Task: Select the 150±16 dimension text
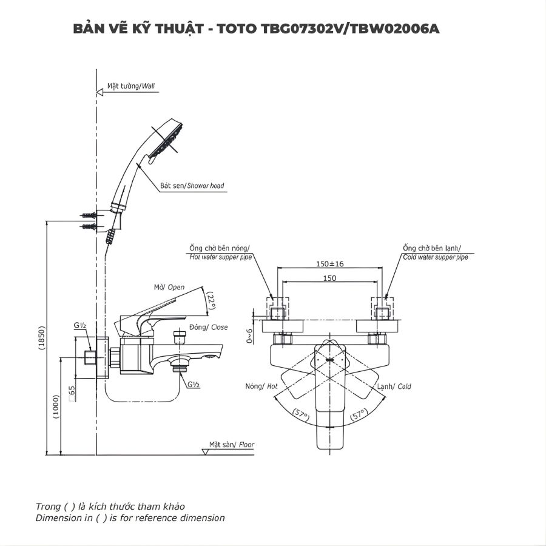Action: [330, 265]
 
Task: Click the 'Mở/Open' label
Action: [169, 287]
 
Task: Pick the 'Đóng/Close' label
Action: [207, 327]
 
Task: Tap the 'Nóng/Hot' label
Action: [261, 386]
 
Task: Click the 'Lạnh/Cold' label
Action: [394, 386]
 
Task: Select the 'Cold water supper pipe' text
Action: [435, 257]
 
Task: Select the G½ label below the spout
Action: [194, 385]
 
